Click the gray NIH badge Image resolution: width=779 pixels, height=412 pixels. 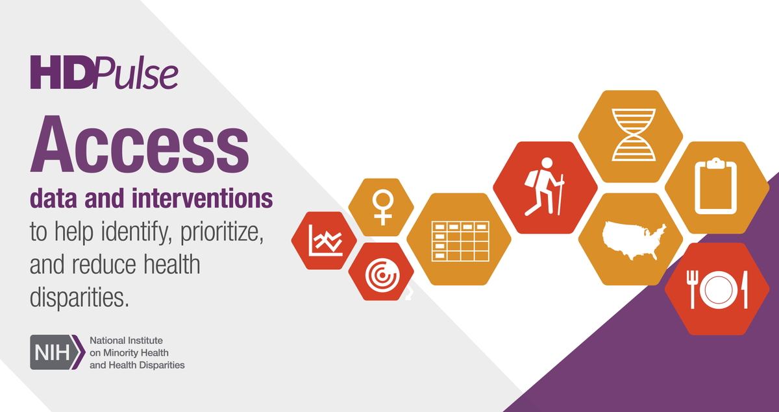pyautogui.click(x=56, y=352)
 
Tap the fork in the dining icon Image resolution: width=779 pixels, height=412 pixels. pyautogui.click(x=694, y=290)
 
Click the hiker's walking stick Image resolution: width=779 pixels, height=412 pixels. pyautogui.click(x=558, y=195)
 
